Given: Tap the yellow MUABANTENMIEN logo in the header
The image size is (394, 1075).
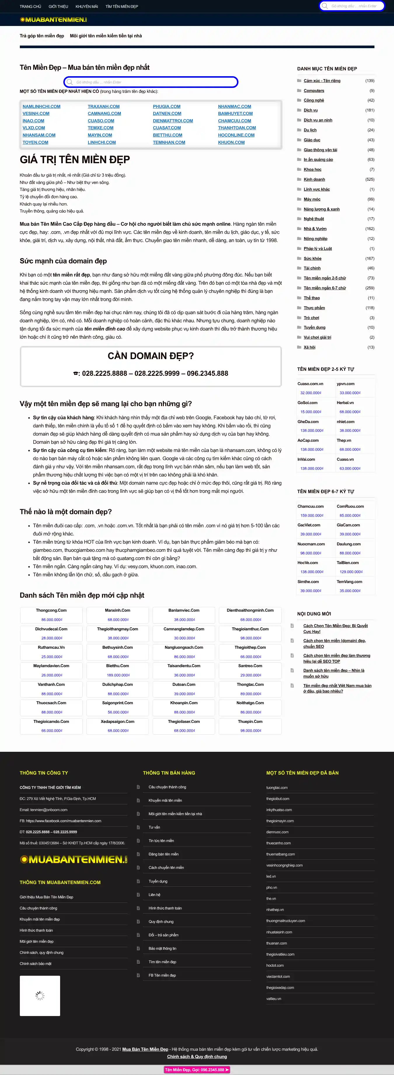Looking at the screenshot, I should tap(53, 20).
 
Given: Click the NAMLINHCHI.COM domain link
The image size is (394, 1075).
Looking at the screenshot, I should tap(41, 106).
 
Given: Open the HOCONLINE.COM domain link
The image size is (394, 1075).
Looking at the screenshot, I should tap(236, 135).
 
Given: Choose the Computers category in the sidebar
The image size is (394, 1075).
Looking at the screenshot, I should tap(314, 91).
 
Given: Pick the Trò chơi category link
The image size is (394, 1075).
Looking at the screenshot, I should tap(311, 318).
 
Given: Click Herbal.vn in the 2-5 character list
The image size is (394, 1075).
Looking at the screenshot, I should tap(345, 403).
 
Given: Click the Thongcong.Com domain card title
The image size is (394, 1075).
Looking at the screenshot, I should tap(51, 610).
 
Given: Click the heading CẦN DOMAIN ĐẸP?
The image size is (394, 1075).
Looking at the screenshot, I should tap(151, 356).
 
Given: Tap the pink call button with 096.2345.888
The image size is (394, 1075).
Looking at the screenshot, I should tap(197, 1069).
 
